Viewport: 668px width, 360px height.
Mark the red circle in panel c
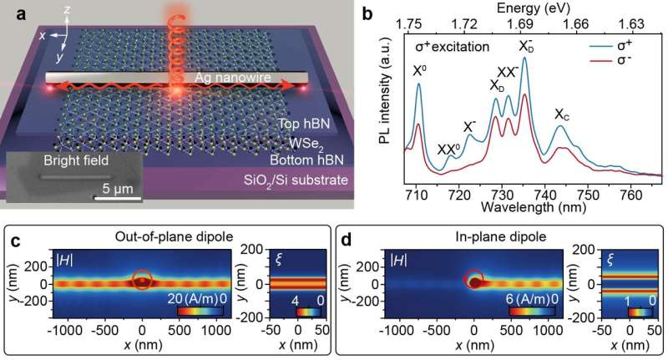point(143,280)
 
